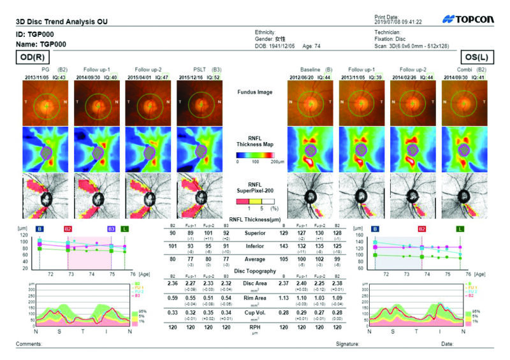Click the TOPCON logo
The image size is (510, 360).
click(469, 20)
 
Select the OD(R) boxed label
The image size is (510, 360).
click(32, 56)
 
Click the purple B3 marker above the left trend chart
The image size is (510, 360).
click(112, 227)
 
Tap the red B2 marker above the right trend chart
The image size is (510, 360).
click(422, 227)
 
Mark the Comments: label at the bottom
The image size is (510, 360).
click(28, 344)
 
